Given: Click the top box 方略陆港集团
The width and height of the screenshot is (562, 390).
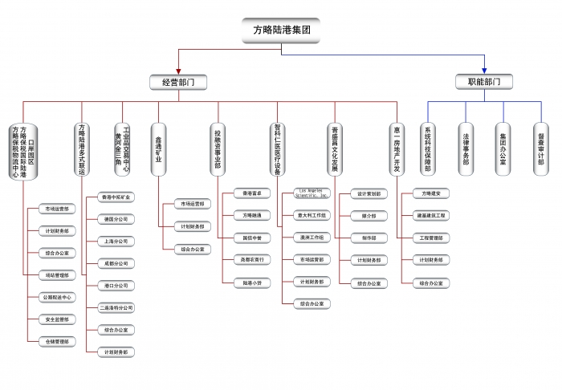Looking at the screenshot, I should (281, 30).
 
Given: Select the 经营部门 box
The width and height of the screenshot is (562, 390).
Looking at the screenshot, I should (179, 82).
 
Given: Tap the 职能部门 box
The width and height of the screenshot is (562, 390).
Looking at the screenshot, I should (485, 82).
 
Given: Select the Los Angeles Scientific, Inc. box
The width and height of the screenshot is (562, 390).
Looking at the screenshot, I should (312, 193).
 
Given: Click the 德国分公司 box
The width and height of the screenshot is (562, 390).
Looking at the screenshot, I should (115, 218).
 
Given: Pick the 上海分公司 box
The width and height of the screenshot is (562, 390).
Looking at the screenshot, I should (115, 241).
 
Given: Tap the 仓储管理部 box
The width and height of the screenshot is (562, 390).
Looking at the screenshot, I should (59, 341).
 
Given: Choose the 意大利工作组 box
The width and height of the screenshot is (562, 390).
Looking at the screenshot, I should (312, 215).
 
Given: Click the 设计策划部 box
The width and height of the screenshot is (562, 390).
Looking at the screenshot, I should (369, 193).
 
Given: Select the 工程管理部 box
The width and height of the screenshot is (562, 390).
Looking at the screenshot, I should (430, 238).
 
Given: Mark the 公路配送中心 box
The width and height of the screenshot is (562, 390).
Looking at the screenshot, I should (59, 297).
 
